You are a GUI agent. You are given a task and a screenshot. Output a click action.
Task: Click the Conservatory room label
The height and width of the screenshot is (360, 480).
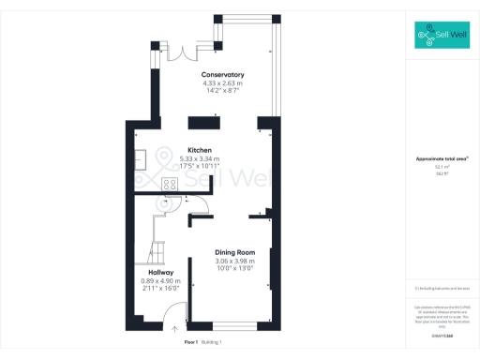point(222,74)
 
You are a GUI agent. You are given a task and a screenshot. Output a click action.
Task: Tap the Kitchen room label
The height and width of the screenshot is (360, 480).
point(199,150)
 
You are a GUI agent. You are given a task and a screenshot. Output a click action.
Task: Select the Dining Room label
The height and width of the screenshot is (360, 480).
point(230,252)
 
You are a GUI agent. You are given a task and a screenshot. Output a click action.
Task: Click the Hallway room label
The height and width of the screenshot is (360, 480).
point(159,272)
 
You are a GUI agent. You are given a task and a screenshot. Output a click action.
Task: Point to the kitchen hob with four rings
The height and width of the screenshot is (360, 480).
point(171,184)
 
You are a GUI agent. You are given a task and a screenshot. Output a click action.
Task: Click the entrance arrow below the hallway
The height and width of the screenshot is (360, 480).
point(175,329)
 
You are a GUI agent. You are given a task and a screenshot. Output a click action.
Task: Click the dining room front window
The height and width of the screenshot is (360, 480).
point(230,323)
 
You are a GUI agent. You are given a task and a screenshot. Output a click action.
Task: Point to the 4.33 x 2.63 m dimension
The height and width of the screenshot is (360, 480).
point(222,82)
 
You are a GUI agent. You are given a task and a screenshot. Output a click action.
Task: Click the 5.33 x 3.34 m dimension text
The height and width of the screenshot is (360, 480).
point(199,158)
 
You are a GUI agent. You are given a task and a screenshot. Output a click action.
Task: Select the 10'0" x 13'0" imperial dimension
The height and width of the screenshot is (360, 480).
point(230,269)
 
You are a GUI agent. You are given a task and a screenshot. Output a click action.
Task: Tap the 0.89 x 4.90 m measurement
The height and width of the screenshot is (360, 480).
point(159,280)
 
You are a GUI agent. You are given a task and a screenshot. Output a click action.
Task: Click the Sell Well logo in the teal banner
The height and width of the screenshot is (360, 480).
point(442,37)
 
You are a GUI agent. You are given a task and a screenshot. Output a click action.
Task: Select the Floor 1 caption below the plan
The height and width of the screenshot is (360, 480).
point(190,344)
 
